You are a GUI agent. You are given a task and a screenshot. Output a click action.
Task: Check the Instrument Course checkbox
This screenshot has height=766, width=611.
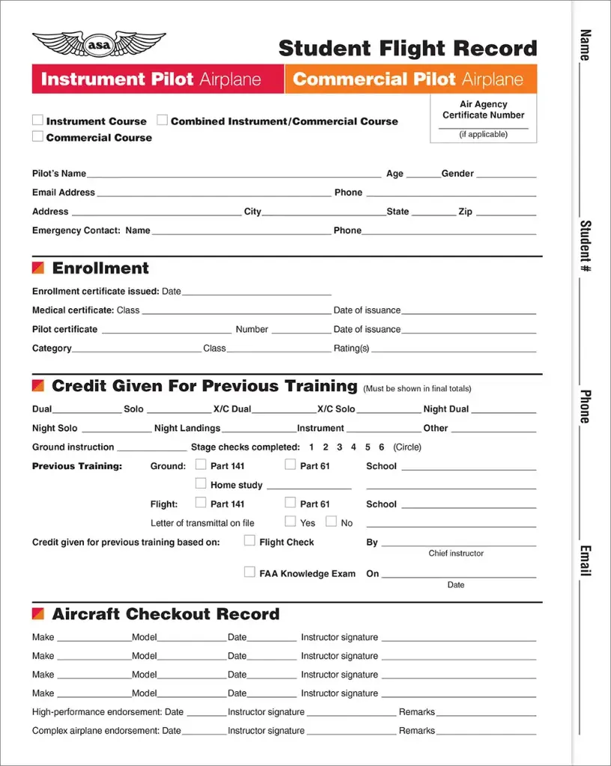click(x=37, y=120)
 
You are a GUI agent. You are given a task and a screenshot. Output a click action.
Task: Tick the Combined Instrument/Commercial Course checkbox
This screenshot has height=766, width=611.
click(x=162, y=120)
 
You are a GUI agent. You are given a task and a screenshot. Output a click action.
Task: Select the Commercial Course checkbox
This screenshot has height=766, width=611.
click(x=37, y=136)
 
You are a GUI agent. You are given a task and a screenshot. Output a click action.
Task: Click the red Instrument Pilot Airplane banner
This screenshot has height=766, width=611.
click(x=158, y=79)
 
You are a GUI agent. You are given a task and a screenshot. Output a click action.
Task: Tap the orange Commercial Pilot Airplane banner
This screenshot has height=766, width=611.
click(x=410, y=79)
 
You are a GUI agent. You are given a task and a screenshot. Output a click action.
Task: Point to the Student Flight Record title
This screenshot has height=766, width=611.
click(x=407, y=49)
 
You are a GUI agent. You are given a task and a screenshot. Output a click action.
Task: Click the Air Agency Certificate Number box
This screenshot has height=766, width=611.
click(x=483, y=120)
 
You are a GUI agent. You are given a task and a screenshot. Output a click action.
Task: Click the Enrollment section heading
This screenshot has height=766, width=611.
click(x=100, y=268)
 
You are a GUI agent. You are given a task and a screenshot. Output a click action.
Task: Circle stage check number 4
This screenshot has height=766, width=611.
click(x=353, y=447)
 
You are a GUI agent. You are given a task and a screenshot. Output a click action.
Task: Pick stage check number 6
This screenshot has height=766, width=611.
click(x=381, y=447)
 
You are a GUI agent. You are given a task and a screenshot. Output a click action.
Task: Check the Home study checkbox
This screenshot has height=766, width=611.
click(x=201, y=483)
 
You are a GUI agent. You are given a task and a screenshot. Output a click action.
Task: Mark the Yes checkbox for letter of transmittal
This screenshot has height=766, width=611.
click(x=291, y=521)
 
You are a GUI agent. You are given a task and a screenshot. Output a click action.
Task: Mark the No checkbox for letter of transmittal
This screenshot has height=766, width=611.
click(x=331, y=521)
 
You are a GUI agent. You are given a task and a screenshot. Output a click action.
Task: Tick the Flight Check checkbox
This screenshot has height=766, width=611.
click(x=250, y=541)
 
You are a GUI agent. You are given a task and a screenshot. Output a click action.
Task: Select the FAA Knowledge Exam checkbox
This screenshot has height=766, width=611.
click(x=250, y=572)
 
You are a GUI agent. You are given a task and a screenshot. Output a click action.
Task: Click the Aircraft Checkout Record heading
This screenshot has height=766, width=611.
click(x=165, y=614)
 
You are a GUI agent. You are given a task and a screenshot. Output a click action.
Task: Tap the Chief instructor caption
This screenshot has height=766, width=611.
click(x=456, y=554)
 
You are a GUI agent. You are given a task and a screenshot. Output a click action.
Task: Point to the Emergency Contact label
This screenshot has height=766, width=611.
click(x=76, y=230)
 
